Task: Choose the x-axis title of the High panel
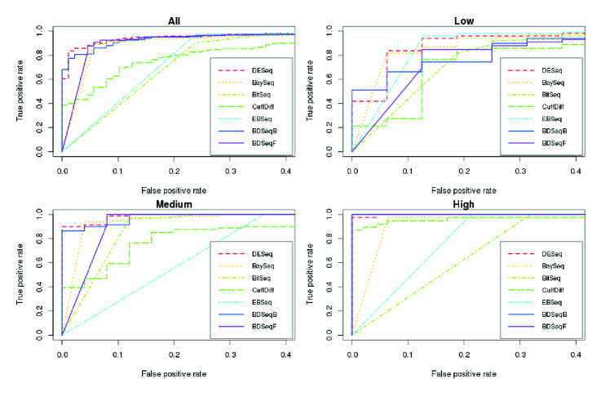(x=465, y=373)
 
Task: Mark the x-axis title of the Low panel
(x=465, y=190)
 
